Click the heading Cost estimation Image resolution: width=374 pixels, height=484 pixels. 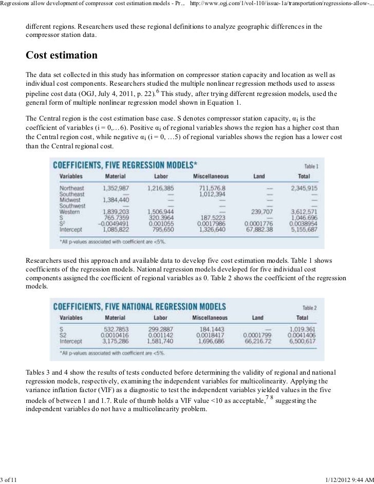pyautogui.click(x=62, y=54)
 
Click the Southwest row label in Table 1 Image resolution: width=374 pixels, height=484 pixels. pyautogui.click(x=72, y=206)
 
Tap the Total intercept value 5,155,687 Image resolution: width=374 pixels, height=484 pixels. pyautogui.click(x=304, y=229)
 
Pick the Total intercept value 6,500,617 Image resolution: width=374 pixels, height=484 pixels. pyautogui.click(x=303, y=341)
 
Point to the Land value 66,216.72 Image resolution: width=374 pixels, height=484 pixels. pyautogui.click(x=258, y=341)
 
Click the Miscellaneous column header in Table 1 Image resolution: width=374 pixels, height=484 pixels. pyautogui.click(x=211, y=176)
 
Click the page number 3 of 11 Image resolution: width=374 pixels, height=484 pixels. pyautogui.click(x=9, y=479)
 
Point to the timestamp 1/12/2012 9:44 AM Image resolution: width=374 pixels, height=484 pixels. pyautogui.click(x=349, y=479)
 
